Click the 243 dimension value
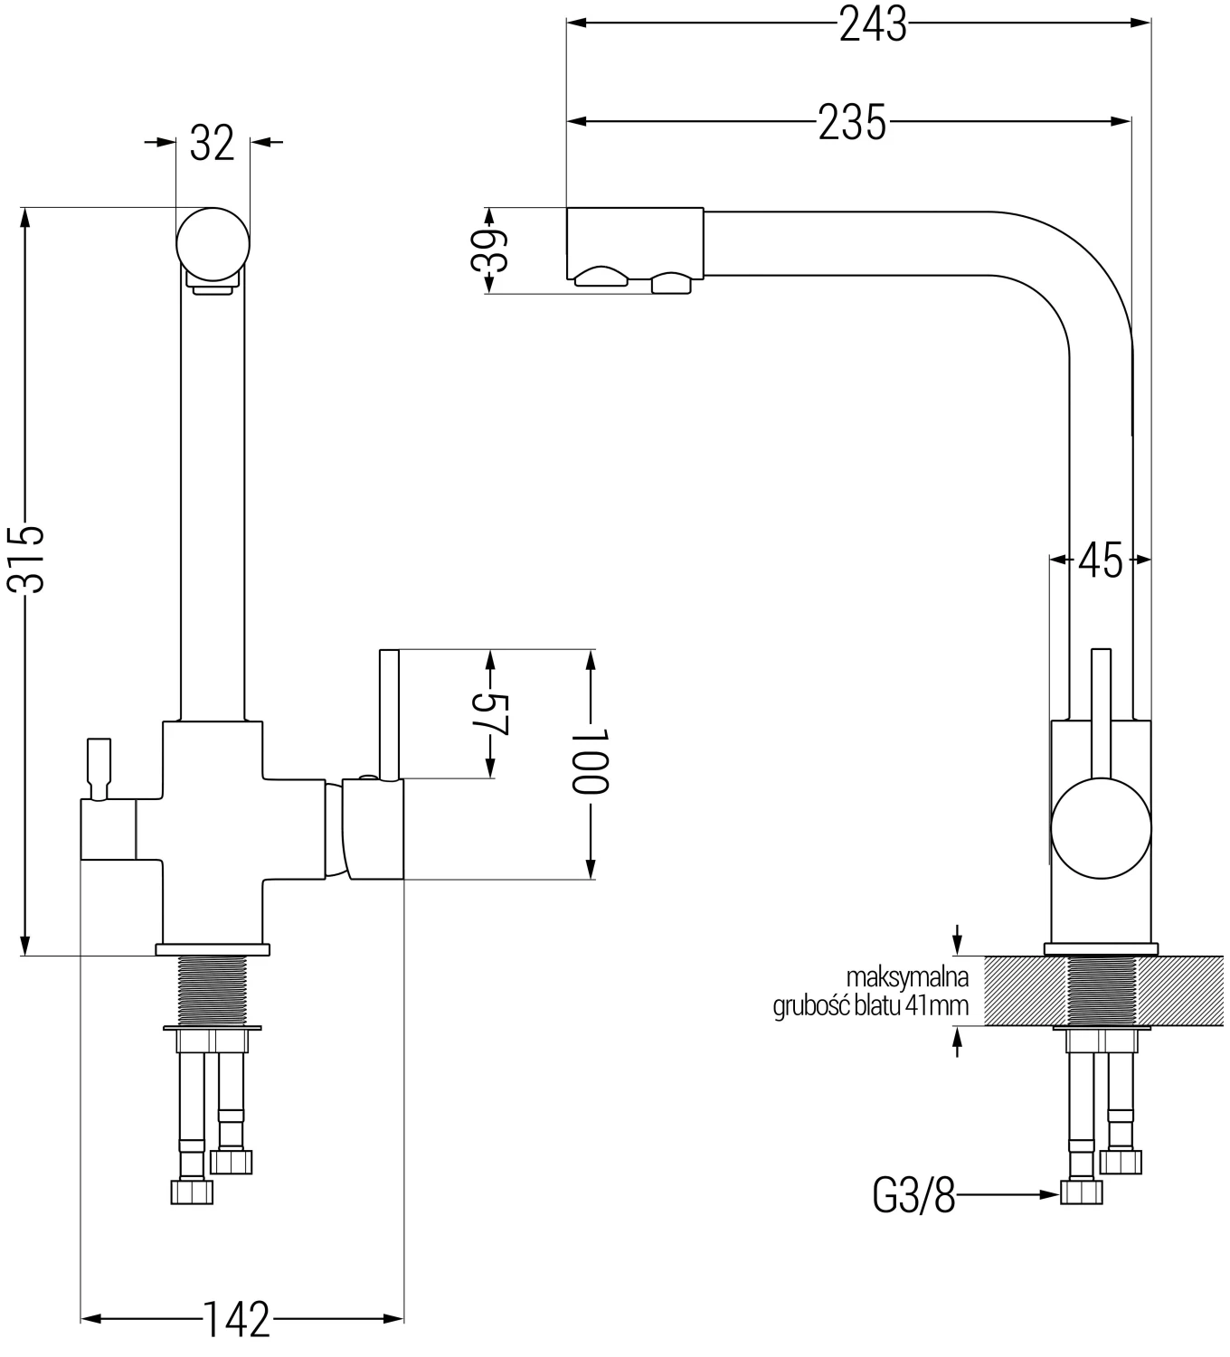coord(872,24)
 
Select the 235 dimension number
coord(851,122)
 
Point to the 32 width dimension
coord(213,142)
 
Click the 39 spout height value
coord(489,250)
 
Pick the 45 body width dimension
coord(1101,561)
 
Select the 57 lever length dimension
coord(490,714)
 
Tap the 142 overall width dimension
coord(235,1320)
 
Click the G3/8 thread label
coord(913,1198)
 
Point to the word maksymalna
coord(907,977)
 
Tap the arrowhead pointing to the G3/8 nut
coord(1049,1194)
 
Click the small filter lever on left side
coord(98,768)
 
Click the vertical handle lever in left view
coord(390,714)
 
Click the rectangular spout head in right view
coord(634,244)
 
